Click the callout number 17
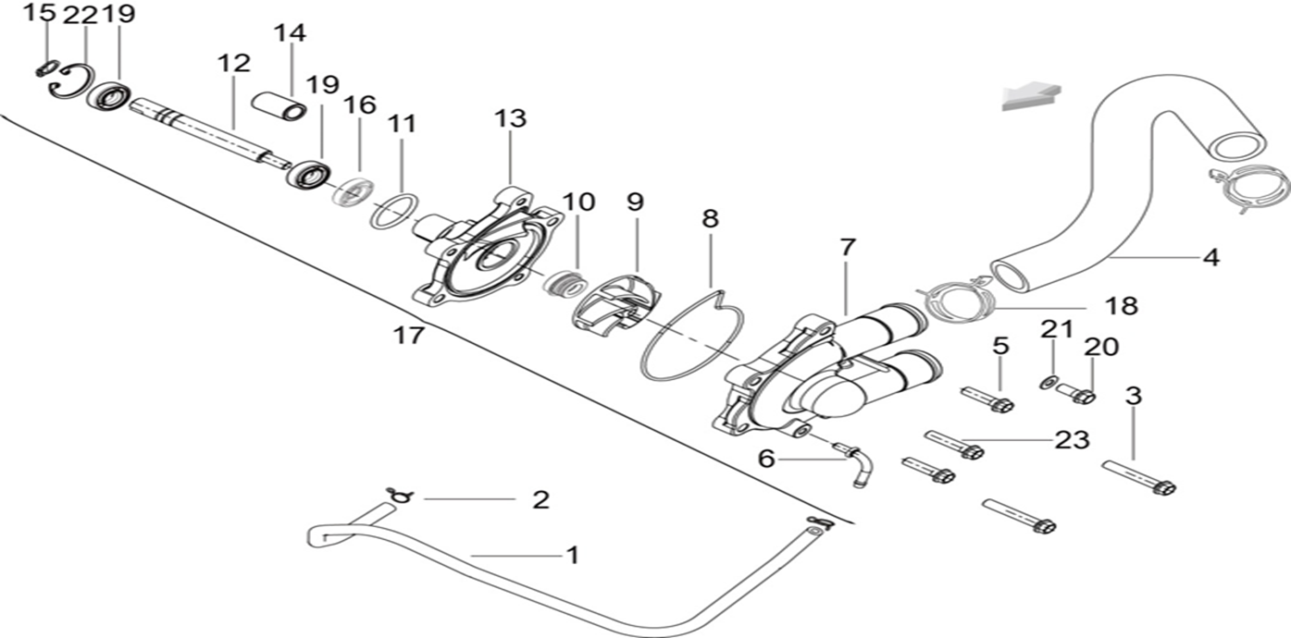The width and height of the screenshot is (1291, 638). (409, 335)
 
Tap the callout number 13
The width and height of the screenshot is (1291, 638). (510, 118)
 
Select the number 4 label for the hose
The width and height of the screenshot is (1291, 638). (1210, 258)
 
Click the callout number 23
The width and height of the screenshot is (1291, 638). (1073, 440)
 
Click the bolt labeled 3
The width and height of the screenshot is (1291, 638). (1138, 476)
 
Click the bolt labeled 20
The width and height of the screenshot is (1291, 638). (1077, 394)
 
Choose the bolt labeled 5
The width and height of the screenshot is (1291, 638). (987, 399)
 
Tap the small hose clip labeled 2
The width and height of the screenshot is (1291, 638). (400, 497)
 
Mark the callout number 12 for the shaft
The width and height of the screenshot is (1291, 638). (234, 64)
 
